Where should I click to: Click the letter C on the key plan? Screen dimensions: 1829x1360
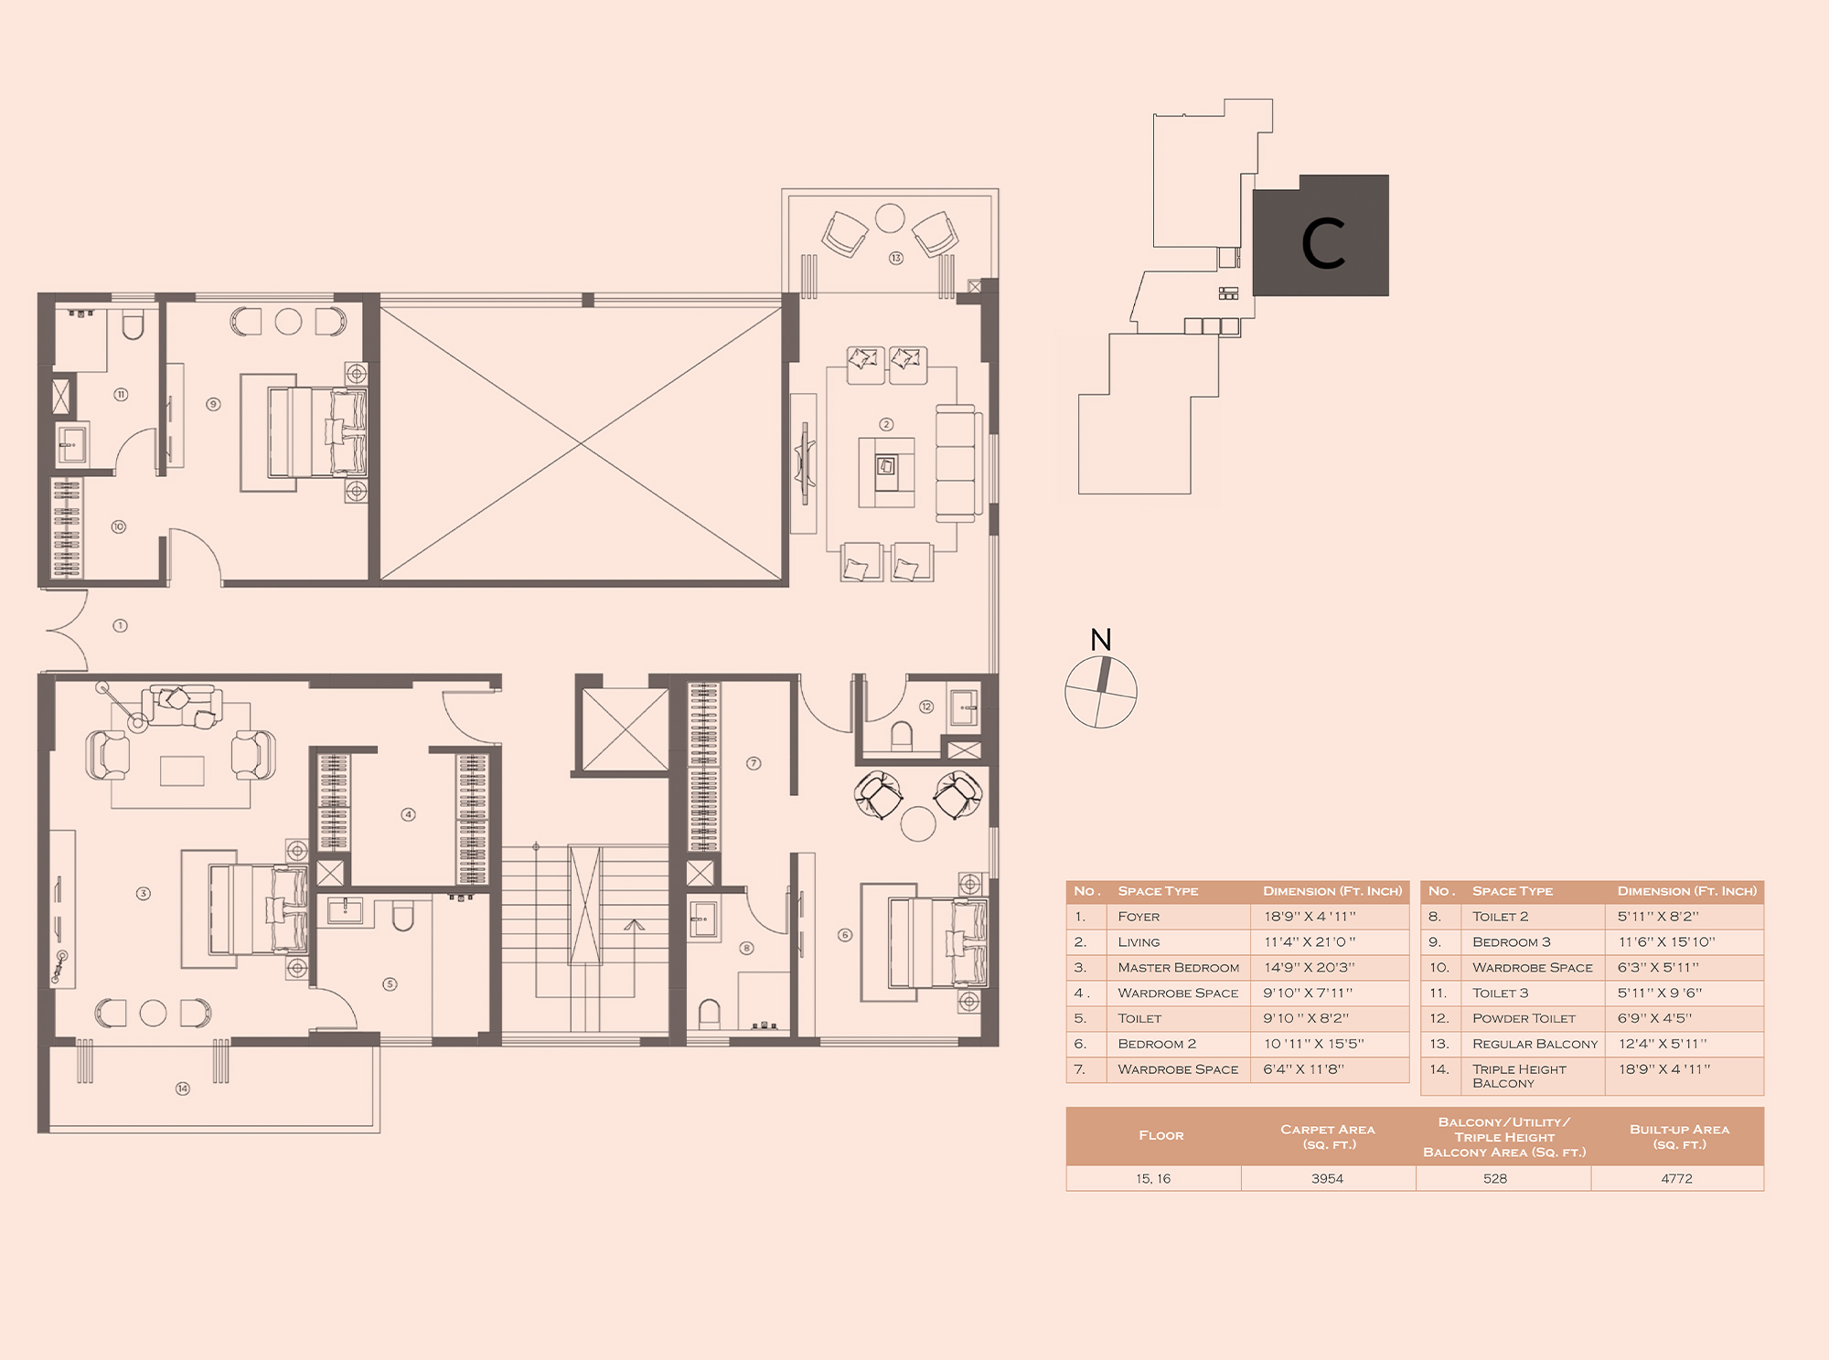(1322, 244)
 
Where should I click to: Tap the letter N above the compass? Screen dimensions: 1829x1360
(1101, 640)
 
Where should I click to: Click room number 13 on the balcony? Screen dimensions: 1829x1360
(896, 259)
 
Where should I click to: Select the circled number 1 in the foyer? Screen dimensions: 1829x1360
(120, 626)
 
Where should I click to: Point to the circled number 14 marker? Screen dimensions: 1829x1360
(183, 1089)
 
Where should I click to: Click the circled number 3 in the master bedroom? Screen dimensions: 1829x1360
(144, 894)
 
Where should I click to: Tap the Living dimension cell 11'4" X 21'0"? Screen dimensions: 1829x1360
(1310, 942)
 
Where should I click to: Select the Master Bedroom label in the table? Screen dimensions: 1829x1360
(1179, 968)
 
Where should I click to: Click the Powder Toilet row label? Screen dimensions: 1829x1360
(1524, 1018)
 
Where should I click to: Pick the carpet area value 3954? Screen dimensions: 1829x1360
(1327, 1179)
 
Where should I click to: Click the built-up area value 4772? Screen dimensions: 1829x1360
(1677, 1179)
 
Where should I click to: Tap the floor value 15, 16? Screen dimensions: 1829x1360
(1153, 1179)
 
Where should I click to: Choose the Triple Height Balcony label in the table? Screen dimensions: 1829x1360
(1519, 1077)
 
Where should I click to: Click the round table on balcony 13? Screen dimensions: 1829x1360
(890, 218)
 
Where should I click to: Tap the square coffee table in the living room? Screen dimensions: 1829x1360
(886, 473)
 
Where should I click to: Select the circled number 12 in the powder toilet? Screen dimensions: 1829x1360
(926, 707)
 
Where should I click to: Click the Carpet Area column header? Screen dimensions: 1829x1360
(1328, 1137)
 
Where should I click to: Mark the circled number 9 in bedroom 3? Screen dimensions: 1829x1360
(213, 404)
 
